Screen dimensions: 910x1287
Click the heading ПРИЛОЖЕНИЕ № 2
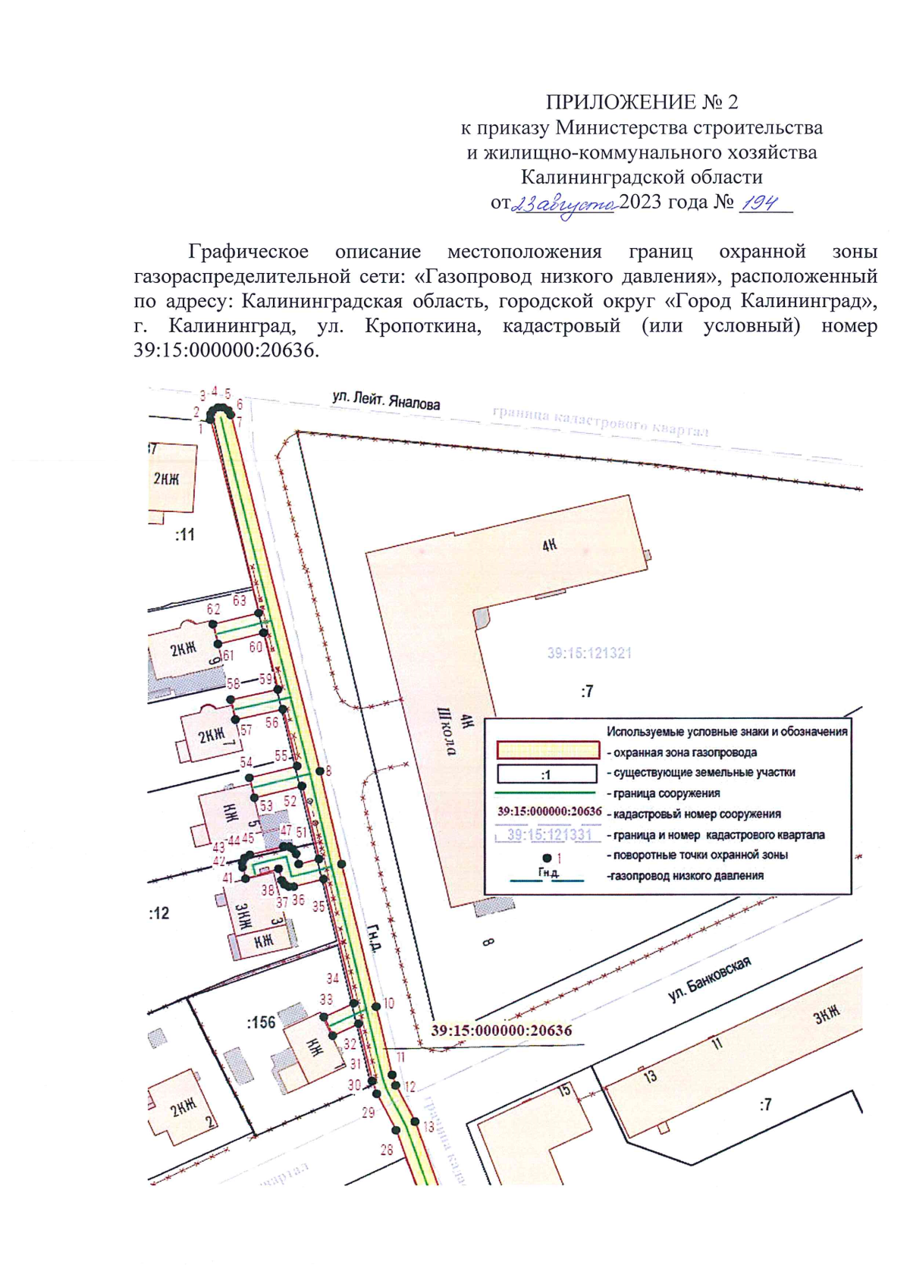(x=642, y=102)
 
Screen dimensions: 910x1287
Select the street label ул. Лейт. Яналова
(x=386, y=401)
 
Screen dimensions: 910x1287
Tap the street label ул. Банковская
(x=710, y=979)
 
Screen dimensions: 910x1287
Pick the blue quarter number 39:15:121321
(x=589, y=653)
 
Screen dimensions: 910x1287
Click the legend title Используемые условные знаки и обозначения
(x=726, y=732)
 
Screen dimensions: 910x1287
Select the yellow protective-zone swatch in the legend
(x=547, y=751)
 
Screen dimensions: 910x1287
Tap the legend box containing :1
(x=547, y=774)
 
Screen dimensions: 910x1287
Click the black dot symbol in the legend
(x=547, y=858)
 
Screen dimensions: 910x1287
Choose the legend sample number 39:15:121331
(x=549, y=835)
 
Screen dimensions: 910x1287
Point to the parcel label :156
(x=260, y=1022)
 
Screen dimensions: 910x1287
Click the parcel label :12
(x=159, y=913)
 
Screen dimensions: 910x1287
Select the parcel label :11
(x=185, y=535)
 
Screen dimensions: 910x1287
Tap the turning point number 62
(x=213, y=609)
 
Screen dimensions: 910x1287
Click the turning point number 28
(x=387, y=1150)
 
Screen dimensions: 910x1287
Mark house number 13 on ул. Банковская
(x=649, y=1076)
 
